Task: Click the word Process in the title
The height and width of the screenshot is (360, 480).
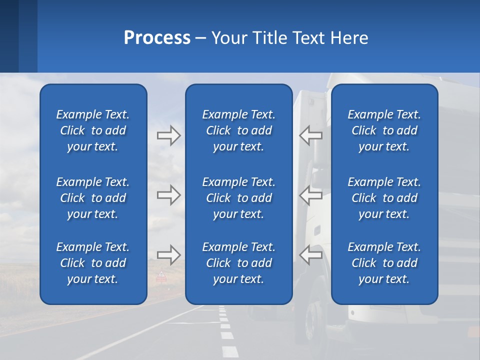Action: tap(157, 38)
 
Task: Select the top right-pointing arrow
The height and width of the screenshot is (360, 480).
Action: tap(168, 135)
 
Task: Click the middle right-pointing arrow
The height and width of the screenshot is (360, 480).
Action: tap(168, 195)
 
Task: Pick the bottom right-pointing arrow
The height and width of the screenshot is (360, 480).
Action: tap(168, 255)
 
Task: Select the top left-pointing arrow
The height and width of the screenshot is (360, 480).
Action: tap(311, 135)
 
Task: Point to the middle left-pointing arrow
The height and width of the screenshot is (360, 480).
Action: tap(311, 195)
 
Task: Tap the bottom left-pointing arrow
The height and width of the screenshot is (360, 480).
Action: tap(311, 255)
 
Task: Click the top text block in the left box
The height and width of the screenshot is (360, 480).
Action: tap(93, 130)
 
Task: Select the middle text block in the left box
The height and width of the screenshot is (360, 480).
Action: tap(93, 198)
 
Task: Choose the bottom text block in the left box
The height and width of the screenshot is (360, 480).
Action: tap(93, 263)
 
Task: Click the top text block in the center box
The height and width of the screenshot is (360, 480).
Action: tap(239, 130)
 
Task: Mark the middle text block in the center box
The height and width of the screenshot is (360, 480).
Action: tap(239, 198)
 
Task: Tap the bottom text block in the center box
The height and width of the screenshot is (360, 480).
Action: tap(239, 263)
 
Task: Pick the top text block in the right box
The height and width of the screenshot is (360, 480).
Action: tap(384, 130)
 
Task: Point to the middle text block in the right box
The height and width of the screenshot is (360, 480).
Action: tap(384, 198)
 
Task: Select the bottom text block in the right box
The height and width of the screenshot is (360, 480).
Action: tap(384, 263)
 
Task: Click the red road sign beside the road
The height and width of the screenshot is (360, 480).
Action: tap(161, 276)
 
